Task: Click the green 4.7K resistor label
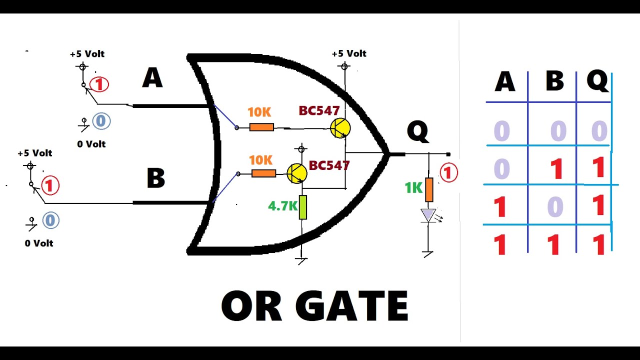coord(282,206)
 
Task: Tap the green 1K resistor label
coord(413,188)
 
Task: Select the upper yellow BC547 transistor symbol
coord(340,128)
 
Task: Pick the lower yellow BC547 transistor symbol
coord(297,173)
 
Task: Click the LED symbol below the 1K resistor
coord(428,215)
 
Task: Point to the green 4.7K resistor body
coord(303,207)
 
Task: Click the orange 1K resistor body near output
coord(429,189)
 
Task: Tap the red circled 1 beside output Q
coord(448,172)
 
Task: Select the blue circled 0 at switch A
coord(101,121)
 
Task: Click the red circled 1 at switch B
coord(50,185)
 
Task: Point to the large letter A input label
coord(152,77)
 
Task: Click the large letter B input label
coord(155,177)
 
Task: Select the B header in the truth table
coord(554,81)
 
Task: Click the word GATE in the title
coord(351,305)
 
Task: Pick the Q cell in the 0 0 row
coord(599,131)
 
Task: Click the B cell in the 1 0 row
coord(555,206)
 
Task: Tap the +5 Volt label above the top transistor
coord(349,53)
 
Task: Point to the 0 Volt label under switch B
coord(39,243)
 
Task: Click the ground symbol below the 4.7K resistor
coord(302,261)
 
